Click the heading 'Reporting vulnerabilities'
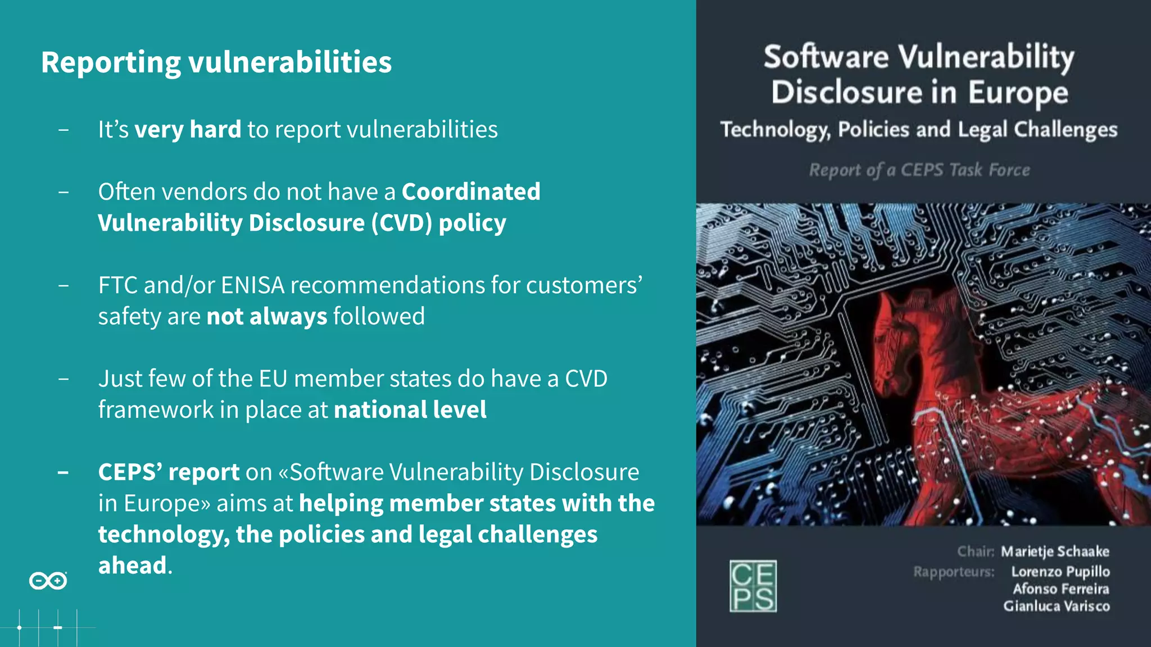216,62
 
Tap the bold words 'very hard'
188,130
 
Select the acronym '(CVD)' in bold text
401,223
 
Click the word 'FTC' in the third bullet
117,285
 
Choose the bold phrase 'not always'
266,317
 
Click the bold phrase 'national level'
410,410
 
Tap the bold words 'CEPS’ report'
169,472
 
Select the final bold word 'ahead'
133,566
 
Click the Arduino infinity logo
48,581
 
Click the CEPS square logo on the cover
753,586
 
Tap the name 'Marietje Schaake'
1055,552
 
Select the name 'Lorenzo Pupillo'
1060,572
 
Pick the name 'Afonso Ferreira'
1061,589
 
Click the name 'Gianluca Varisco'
1057,607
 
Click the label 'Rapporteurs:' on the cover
954,572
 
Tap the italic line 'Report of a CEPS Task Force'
919,170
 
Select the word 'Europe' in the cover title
1018,93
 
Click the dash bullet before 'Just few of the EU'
64,379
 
